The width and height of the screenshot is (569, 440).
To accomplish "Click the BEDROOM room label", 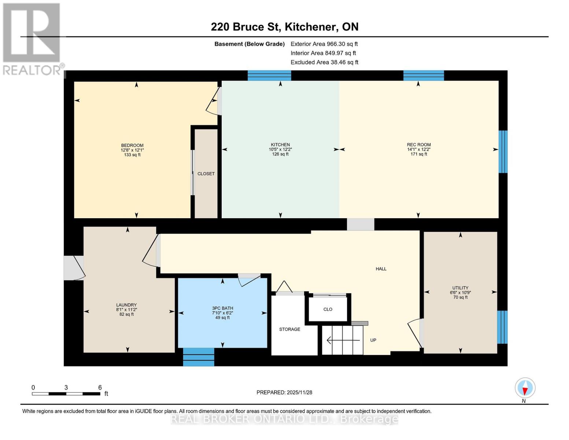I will pyautogui.click(x=132, y=146).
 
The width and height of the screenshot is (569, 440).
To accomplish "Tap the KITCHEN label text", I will pyautogui.click(x=280, y=145).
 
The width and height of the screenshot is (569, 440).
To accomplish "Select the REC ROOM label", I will pyautogui.click(x=418, y=145).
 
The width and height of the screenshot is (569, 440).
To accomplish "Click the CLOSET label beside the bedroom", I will pyautogui.click(x=206, y=174).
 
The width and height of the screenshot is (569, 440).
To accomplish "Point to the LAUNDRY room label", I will pyautogui.click(x=126, y=305).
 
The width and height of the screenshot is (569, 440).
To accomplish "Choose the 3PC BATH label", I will pyautogui.click(x=222, y=308).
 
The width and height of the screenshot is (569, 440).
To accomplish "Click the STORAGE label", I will pyautogui.click(x=289, y=329).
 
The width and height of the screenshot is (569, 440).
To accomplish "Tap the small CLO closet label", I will pyautogui.click(x=328, y=309).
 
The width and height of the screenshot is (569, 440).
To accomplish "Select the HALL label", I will pyautogui.click(x=381, y=269).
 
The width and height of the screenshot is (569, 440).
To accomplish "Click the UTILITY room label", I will pyautogui.click(x=460, y=288).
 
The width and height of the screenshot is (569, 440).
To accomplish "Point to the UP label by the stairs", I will pyautogui.click(x=373, y=340).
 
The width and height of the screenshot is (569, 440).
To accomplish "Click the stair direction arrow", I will pyautogui.click(x=343, y=341).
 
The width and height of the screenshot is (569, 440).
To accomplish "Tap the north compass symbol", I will pyautogui.click(x=525, y=388).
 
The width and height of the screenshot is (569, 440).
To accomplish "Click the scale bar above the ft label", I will pyautogui.click(x=66, y=394).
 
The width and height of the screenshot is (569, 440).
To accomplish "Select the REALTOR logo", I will pyautogui.click(x=32, y=38).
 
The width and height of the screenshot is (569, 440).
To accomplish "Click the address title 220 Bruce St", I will pyautogui.click(x=284, y=27).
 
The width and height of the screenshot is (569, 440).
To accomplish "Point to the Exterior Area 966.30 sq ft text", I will pyautogui.click(x=324, y=44).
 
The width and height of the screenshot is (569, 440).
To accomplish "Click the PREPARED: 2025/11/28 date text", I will pyautogui.click(x=284, y=392).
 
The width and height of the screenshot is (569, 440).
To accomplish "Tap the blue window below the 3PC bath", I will pyautogui.click(x=198, y=357).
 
